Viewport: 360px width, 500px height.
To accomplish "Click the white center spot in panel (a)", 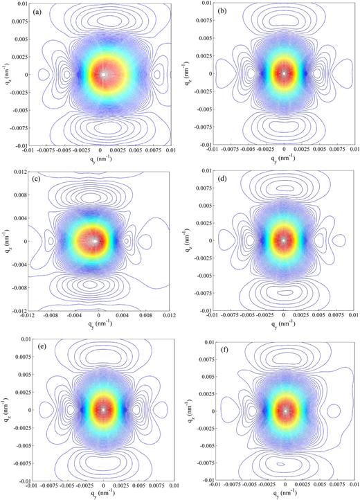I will tap(103, 74).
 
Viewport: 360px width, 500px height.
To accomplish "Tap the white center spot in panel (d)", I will tap(284, 240).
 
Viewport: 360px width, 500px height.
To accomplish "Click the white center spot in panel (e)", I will tap(103, 409).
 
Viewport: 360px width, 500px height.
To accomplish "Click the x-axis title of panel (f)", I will tap(284, 495).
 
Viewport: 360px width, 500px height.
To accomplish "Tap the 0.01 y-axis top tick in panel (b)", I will tap(208, 4).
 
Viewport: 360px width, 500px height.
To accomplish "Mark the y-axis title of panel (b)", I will tap(192, 73).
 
